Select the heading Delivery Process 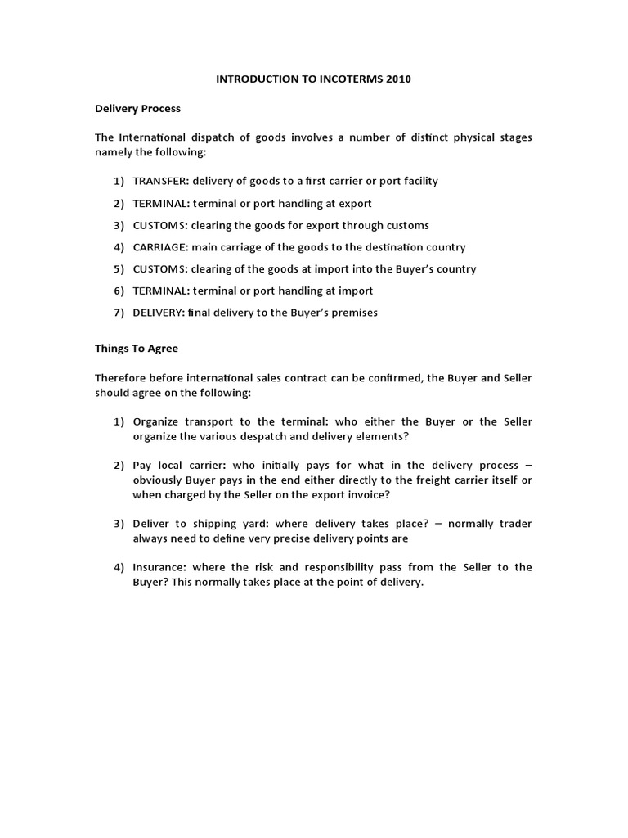tap(137, 109)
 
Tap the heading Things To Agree tap(136, 348)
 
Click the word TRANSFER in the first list tap(159, 181)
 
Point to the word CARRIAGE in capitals tap(159, 247)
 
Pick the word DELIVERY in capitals tap(159, 313)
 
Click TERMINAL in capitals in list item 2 tap(160, 203)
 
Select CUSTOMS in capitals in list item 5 tap(159, 268)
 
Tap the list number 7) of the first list tap(119, 313)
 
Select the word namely tap(114, 152)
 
